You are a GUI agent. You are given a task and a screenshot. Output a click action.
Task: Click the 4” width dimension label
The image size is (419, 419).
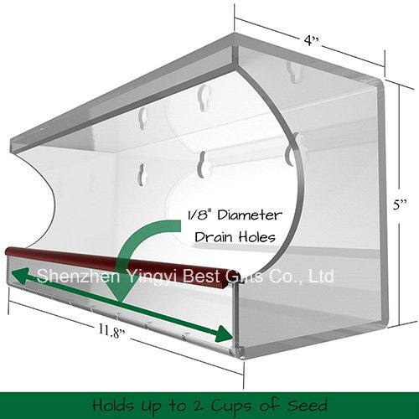click(x=311, y=41)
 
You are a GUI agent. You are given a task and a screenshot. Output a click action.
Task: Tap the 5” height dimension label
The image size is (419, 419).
click(x=400, y=204)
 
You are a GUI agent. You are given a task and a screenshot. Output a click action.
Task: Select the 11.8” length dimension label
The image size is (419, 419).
click(x=111, y=331)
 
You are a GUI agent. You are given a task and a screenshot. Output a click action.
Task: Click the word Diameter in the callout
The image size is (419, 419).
click(x=250, y=215)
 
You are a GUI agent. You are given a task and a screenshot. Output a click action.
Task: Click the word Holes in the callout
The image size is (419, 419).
click(x=257, y=237)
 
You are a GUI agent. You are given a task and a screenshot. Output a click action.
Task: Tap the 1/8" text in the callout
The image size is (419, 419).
click(x=199, y=215)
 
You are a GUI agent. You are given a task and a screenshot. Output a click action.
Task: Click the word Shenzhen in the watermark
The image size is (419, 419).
click(x=79, y=276)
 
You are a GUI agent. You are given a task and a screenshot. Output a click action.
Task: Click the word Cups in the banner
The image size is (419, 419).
click(x=231, y=406)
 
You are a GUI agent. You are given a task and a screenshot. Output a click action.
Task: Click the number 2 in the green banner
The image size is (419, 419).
click(x=199, y=406)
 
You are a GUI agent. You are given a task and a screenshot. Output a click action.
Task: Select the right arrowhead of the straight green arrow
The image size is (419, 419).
click(x=224, y=334)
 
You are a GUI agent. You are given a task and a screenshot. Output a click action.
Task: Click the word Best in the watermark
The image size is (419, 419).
click(x=200, y=276)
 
